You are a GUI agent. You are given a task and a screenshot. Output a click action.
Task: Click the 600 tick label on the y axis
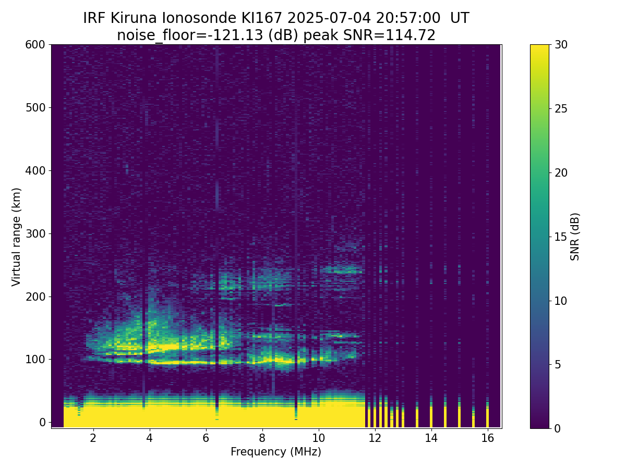[x=35, y=45]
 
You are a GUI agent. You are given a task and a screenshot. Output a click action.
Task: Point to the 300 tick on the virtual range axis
[x=50, y=233]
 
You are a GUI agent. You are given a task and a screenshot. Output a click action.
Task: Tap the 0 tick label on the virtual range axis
[x=42, y=422]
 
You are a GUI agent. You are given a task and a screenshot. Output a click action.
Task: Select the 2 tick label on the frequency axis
[x=93, y=438]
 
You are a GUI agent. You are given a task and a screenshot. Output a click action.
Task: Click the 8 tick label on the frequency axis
[x=262, y=438]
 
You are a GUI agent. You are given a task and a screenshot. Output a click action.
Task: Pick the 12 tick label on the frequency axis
[x=375, y=438]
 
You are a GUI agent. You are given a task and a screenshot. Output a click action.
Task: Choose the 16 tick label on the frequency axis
[x=487, y=438]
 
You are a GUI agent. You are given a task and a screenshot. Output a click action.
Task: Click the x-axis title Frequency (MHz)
[x=276, y=452]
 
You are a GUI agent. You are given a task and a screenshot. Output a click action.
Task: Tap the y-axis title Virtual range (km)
[x=16, y=237]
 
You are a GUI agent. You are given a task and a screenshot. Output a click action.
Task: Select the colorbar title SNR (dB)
[x=575, y=237]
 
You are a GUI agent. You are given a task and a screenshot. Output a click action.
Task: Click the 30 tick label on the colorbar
[x=561, y=45]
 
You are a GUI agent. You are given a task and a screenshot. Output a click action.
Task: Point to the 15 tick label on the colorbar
[x=561, y=237]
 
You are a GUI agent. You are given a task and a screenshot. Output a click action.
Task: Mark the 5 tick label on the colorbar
[x=558, y=364]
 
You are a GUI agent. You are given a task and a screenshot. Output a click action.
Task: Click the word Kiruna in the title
[x=134, y=18]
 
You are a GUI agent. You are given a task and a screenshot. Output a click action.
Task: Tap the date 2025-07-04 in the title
[x=329, y=18]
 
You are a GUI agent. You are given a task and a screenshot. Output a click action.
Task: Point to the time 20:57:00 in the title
[x=408, y=18]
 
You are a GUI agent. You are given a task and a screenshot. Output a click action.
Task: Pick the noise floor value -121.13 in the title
[x=237, y=35]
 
